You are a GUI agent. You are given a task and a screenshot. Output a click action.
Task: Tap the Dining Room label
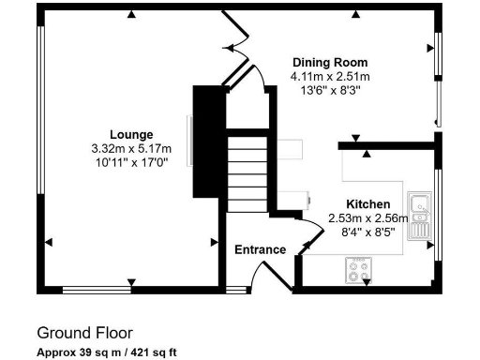point(329,64)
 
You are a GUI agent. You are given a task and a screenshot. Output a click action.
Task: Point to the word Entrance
point(260,249)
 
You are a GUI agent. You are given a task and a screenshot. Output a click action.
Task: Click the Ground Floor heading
point(84,333)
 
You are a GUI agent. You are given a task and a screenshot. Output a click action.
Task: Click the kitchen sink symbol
point(418,214)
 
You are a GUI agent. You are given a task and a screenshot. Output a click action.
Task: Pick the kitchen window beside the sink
point(438,214)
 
